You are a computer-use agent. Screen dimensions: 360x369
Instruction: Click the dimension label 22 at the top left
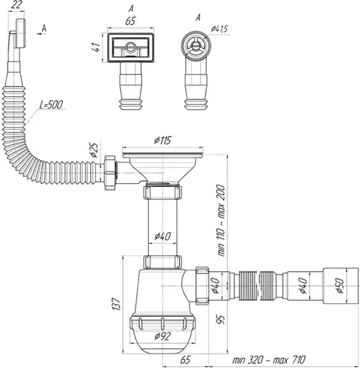pyautogui.click(x=16, y=5)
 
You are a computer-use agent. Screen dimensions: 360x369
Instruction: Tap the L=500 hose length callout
pyautogui.click(x=51, y=105)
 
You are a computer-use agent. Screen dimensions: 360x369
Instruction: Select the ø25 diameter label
pyautogui.click(x=94, y=150)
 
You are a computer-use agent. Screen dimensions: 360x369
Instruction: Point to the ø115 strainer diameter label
pyautogui.click(x=162, y=140)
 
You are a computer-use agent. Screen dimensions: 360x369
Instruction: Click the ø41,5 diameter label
pyautogui.click(x=219, y=29)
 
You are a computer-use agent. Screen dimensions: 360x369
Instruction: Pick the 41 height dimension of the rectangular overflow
pyautogui.click(x=96, y=48)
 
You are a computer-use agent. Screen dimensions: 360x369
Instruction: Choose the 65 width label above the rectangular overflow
pyautogui.click(x=131, y=21)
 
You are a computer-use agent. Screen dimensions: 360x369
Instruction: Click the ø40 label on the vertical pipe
pyautogui.click(x=162, y=236)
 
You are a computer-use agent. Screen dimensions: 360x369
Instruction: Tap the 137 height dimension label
pyautogui.click(x=117, y=304)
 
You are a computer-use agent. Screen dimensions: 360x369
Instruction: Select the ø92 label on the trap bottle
pyautogui.click(x=162, y=336)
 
